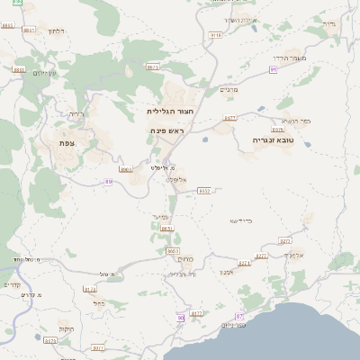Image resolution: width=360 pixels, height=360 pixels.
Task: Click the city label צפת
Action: [66, 143]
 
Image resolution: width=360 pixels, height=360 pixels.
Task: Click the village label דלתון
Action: [55, 31]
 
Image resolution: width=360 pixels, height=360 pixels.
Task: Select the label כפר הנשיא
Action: [295, 120]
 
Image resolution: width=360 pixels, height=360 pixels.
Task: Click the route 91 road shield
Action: [273, 67]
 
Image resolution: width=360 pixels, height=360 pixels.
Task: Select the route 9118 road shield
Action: [216, 34]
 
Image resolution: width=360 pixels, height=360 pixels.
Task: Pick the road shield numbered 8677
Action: [229, 118]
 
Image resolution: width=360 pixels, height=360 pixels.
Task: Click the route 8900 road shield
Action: [127, 168]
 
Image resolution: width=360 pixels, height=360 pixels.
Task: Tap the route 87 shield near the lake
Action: [239, 317]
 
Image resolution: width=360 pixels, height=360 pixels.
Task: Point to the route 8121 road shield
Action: [89, 289]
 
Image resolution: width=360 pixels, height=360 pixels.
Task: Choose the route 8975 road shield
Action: [152, 66]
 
